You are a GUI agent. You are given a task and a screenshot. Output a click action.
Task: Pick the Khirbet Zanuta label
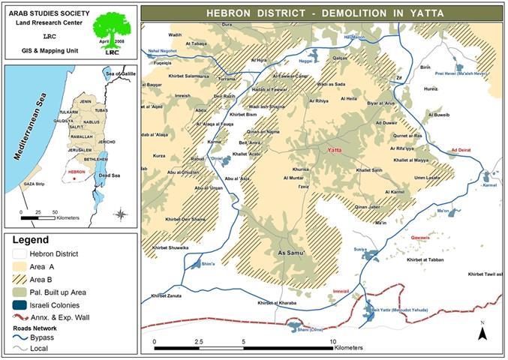tap(166, 295)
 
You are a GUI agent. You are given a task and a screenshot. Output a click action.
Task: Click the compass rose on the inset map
tap(120, 214)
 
